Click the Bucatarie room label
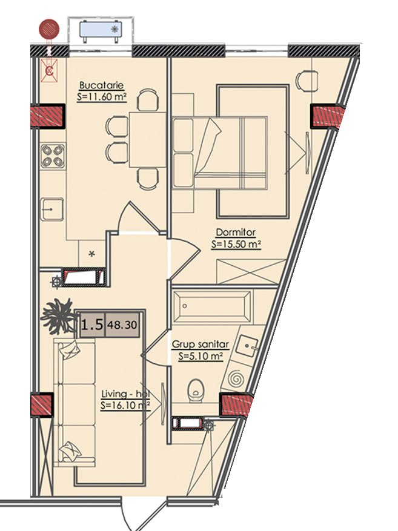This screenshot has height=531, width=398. [x=101, y=85]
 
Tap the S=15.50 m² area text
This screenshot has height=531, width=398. [x=236, y=244]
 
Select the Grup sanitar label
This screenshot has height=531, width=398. [x=201, y=345]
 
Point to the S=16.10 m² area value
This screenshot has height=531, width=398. [x=125, y=405]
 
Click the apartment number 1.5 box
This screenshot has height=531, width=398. [x=93, y=325]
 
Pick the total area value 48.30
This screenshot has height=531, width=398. [x=122, y=325]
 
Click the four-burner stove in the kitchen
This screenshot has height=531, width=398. [x=53, y=156]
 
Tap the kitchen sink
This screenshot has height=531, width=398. [x=52, y=209]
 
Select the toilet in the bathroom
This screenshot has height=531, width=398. [x=196, y=391]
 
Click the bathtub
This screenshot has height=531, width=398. [x=213, y=306]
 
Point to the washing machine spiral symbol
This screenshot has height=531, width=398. [x=236, y=378]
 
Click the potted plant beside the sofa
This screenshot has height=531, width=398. [x=58, y=315]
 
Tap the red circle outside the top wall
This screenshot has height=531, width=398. [x=49, y=29]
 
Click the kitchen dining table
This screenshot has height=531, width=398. [x=147, y=139]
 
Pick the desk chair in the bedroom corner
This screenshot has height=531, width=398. [x=307, y=81]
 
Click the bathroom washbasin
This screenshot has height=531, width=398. [x=248, y=346]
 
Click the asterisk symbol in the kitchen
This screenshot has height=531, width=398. [x=92, y=253]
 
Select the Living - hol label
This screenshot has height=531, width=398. [x=125, y=394]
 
